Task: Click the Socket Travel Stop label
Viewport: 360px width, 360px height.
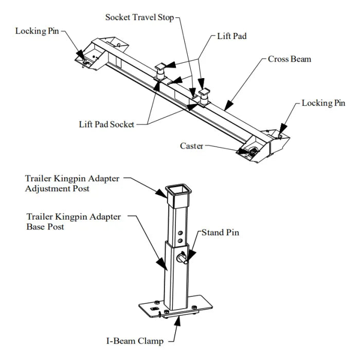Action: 139,17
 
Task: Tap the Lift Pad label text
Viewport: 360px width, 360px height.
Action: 232,37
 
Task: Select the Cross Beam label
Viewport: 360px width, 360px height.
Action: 289,59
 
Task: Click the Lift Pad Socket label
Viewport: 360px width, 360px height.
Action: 106,124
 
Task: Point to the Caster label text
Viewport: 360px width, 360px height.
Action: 191,146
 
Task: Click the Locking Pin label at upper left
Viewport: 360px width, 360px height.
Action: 37,31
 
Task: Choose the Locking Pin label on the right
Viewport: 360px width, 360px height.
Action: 323,103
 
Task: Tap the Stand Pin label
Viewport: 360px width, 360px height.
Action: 220,232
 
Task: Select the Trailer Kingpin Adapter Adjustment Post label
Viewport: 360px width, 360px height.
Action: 72,184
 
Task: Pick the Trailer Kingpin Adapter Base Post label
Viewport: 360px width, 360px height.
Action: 73,221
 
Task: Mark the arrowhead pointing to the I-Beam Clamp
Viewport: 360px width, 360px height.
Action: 178,322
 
